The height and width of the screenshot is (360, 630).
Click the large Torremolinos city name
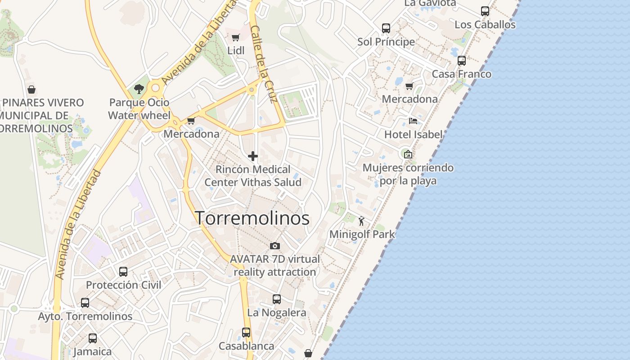(252, 218)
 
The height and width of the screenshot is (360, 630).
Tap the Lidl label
(236, 50)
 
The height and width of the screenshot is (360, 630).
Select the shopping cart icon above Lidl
(236, 37)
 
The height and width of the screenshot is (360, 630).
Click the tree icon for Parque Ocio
(139, 89)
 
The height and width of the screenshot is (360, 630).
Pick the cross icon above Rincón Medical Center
(253, 156)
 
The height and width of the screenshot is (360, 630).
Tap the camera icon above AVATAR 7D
(274, 246)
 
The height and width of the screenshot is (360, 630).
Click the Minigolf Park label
(362, 234)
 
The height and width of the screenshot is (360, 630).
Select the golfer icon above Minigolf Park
(361, 221)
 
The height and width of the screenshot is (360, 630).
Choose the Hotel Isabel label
(413, 134)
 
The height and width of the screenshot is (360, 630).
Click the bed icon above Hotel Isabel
(413, 121)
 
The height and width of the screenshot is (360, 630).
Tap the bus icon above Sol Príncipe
(386, 28)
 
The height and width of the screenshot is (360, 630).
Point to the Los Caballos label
(485, 24)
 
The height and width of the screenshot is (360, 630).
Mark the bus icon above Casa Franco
(461, 61)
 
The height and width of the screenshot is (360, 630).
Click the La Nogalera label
(277, 312)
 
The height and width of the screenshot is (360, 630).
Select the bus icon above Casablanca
(246, 333)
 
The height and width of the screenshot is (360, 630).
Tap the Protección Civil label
(123, 285)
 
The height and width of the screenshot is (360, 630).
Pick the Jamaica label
(92, 351)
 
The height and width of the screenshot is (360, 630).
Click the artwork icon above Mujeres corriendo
(408, 154)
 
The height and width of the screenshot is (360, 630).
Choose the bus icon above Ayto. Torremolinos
(85, 303)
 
